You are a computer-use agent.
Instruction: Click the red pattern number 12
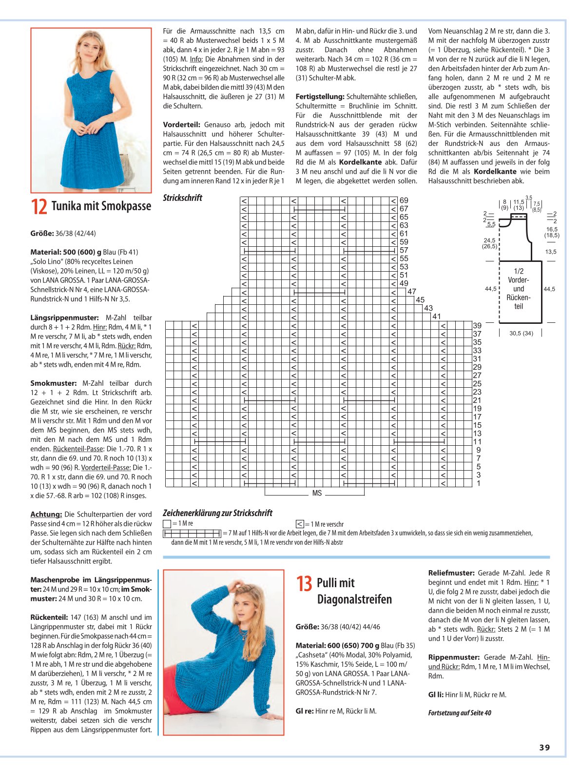point(39,207)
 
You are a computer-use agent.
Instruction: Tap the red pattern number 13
point(304,584)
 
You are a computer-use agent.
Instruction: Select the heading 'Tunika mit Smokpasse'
point(101,206)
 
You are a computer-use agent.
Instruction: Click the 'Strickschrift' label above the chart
point(182,198)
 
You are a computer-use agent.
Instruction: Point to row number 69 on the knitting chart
point(404,200)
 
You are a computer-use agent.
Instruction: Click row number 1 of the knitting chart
point(478,483)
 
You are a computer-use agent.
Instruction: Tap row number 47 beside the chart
point(412,292)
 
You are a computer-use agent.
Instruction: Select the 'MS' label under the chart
point(317,493)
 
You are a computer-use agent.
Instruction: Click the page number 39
point(544,747)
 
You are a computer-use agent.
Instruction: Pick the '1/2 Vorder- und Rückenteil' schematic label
point(518,288)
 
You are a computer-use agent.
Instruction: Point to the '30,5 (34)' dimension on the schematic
point(521,333)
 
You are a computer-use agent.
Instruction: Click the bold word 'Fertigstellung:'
point(320,97)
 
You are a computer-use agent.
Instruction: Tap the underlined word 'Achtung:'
point(46,514)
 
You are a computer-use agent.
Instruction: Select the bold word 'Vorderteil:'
point(181,124)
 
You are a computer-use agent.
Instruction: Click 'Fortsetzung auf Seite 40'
point(460,713)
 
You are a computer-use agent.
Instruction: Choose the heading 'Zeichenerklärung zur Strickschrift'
point(217,513)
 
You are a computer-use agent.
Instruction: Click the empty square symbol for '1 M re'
point(167,524)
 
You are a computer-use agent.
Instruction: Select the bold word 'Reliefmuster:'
point(451,573)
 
